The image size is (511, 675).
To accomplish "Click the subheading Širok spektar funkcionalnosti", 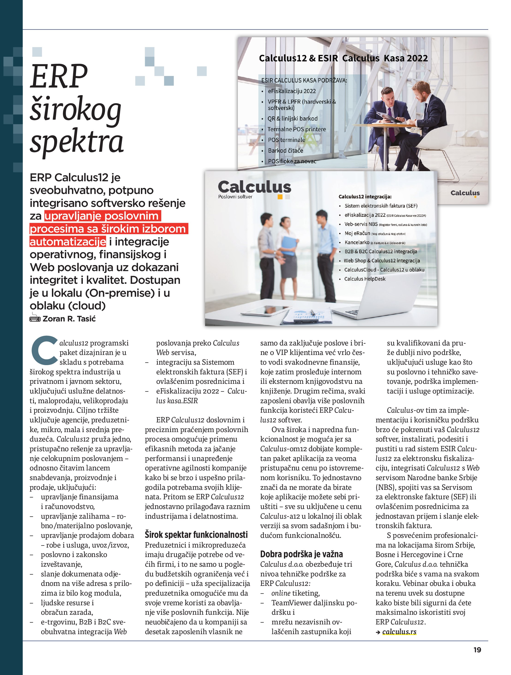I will click(196, 535).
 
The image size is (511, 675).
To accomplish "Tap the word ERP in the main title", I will click(59, 76).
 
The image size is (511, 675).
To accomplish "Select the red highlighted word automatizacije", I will click(68, 242).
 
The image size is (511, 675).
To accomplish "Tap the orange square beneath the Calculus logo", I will click(280, 197).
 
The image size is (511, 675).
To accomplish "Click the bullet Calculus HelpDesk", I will click(365, 279).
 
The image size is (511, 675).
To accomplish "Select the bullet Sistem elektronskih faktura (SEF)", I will click(381, 206).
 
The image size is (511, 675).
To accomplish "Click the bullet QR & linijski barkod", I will click(292, 118).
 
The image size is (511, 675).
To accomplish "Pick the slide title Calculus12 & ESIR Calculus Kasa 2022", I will click(343, 58).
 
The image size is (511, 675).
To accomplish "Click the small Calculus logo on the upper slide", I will click(465, 193).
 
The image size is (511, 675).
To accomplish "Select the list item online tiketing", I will click(296, 593).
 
